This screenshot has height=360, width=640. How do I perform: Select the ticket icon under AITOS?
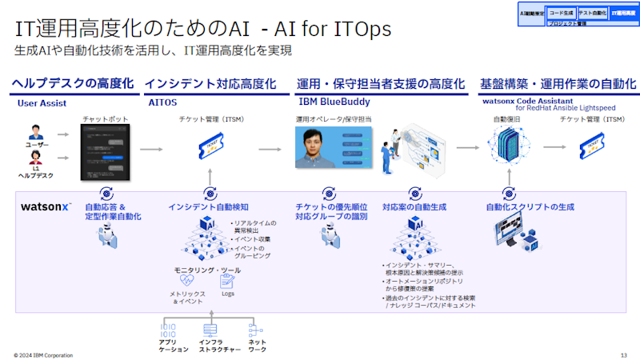pos(210,149)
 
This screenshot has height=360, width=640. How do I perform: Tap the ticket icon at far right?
pos(593,149)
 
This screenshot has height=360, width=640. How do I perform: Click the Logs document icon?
pos(227,281)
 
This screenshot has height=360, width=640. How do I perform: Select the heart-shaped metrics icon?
pos(187,281)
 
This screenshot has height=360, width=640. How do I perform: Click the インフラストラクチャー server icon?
pos(210,329)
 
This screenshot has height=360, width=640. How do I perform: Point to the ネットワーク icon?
pos(255,329)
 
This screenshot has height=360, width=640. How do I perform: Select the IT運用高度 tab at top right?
pos(622,13)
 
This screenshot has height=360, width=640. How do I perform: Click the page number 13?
pos(623,354)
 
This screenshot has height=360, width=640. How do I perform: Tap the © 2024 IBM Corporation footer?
pos(43,354)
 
